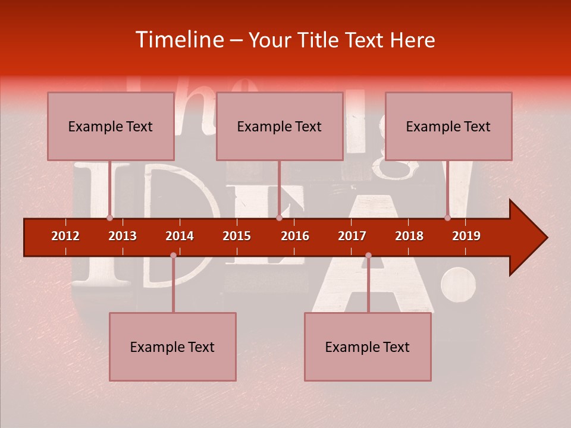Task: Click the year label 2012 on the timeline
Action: (65, 236)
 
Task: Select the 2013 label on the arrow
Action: (123, 236)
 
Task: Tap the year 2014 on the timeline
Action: (180, 236)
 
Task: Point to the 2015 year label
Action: (237, 236)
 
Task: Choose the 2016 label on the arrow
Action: (295, 236)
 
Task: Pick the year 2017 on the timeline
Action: (352, 236)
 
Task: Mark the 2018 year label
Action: (409, 236)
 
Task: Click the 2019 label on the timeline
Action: (466, 236)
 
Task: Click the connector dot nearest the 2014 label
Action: (173, 255)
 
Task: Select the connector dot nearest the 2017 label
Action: (368, 255)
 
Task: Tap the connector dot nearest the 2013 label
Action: (109, 218)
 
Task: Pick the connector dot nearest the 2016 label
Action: (279, 218)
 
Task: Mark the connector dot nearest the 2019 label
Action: (447, 218)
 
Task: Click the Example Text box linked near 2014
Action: (172, 347)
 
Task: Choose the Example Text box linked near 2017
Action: (368, 347)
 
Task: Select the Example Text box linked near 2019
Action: (448, 126)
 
